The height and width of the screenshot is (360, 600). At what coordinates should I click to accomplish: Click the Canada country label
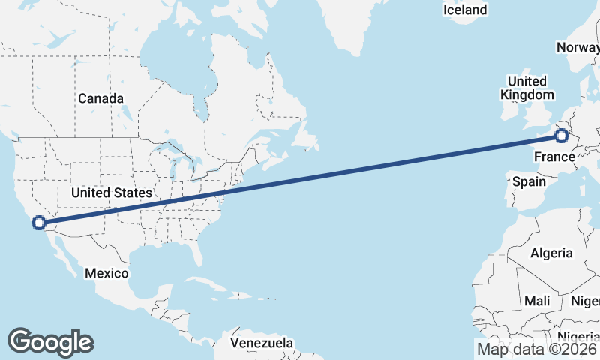point(100,98)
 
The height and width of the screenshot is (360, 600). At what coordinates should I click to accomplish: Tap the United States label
point(112,193)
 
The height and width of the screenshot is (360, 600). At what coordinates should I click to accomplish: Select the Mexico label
point(106,273)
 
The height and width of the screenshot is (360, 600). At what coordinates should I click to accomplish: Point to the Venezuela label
point(262,343)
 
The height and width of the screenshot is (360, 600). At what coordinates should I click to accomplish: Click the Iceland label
point(465,10)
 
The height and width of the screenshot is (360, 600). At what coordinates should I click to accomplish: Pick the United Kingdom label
point(526,88)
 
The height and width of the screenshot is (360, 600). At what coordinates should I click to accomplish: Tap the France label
point(553,157)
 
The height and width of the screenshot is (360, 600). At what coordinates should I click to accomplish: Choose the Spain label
point(529,181)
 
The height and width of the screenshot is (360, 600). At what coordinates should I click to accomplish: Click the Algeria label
point(551,253)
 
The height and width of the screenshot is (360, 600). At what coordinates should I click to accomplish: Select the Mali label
point(537,301)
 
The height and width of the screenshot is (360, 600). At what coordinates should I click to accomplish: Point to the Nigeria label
point(578,336)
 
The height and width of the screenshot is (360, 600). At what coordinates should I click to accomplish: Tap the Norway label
point(577,48)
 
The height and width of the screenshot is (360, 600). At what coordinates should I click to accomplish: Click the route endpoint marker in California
point(39,222)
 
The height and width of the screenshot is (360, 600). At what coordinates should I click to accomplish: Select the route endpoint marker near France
point(562,136)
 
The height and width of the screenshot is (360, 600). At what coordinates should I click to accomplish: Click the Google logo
point(50,341)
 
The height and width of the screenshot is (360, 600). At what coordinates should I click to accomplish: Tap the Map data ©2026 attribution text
point(537,348)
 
